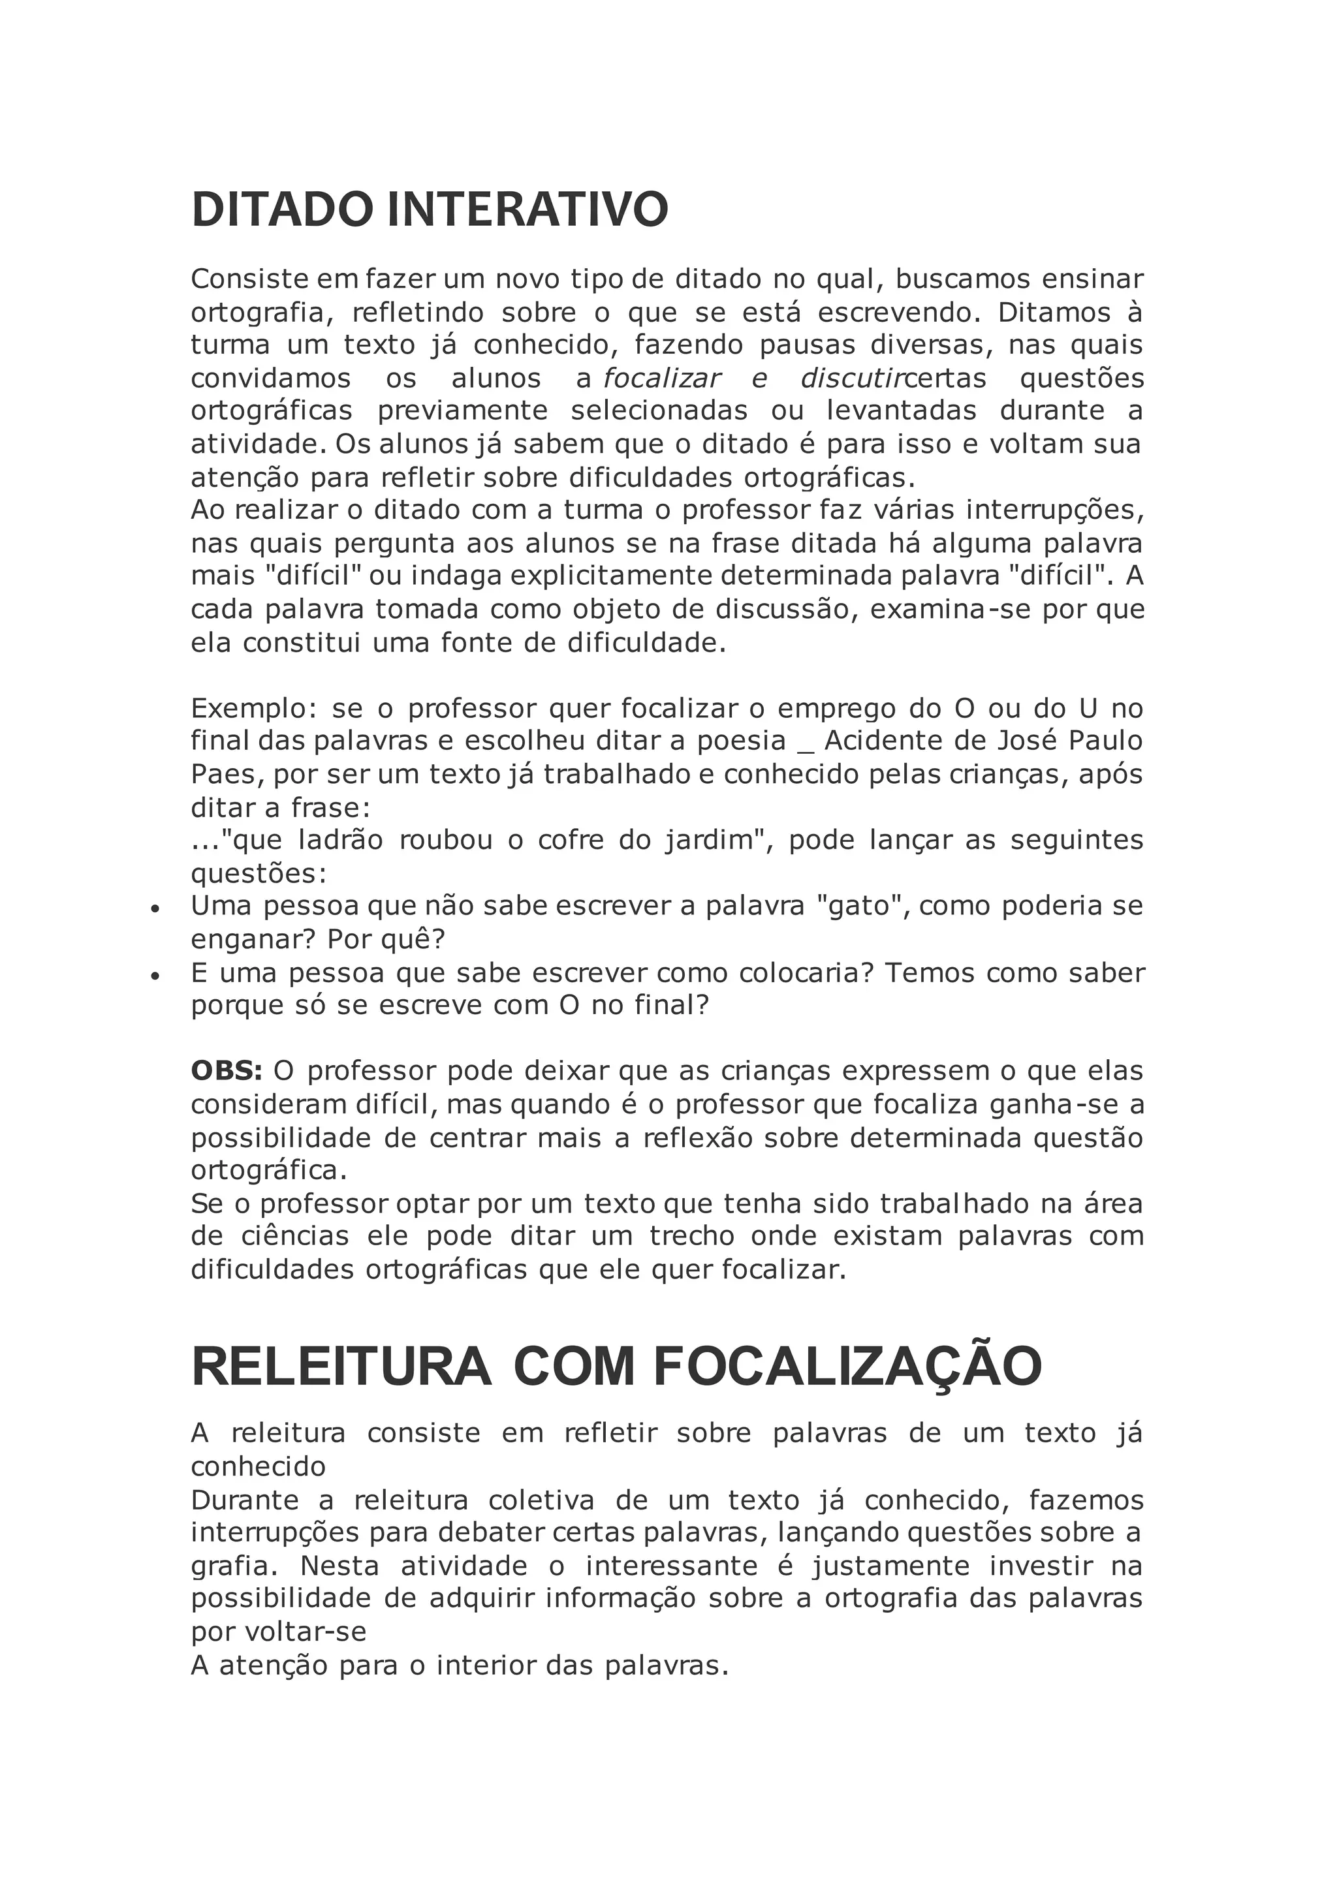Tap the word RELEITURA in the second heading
tap(341, 1367)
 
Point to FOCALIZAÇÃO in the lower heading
tap(848, 1367)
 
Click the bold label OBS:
tap(227, 1071)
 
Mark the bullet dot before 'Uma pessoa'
tap(154, 910)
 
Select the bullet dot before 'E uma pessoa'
tap(154, 976)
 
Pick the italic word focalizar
tap(662, 379)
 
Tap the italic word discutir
tap(851, 379)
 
